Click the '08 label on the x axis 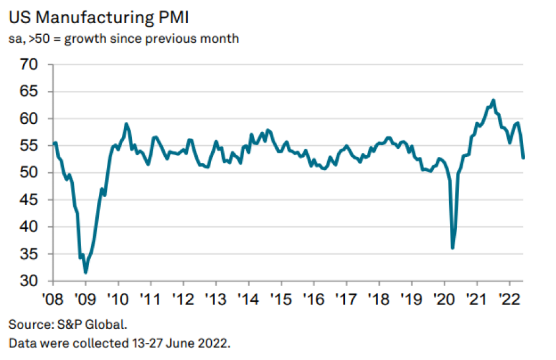point(53,299)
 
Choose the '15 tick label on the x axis point(281,299)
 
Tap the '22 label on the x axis point(508,299)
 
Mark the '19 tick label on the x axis point(411,299)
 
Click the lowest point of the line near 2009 point(86,272)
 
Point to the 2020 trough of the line point(452,248)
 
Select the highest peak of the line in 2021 point(493,100)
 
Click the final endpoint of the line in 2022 point(524,158)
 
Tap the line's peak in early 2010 point(126,124)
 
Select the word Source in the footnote point(27,324)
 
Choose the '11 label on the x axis point(151,299)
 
